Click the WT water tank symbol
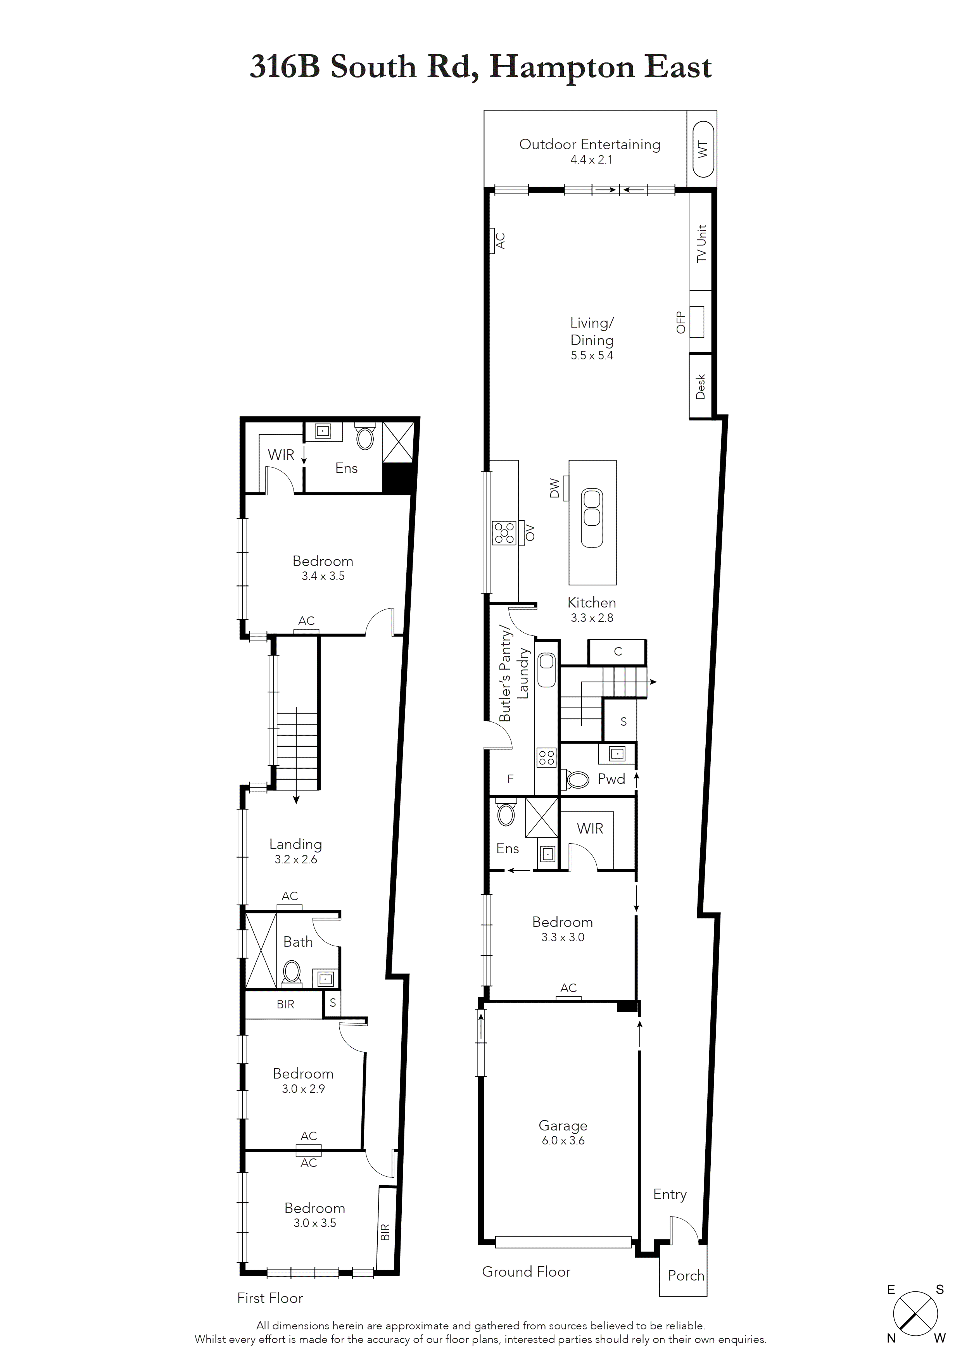click(x=703, y=148)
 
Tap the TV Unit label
click(x=702, y=243)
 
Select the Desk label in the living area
click(x=701, y=386)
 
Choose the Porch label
click(x=686, y=1275)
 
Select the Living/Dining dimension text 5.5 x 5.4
click(x=592, y=356)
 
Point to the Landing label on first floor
click(x=295, y=844)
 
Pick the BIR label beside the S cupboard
click(x=285, y=1004)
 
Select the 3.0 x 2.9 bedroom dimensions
click(x=303, y=1089)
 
